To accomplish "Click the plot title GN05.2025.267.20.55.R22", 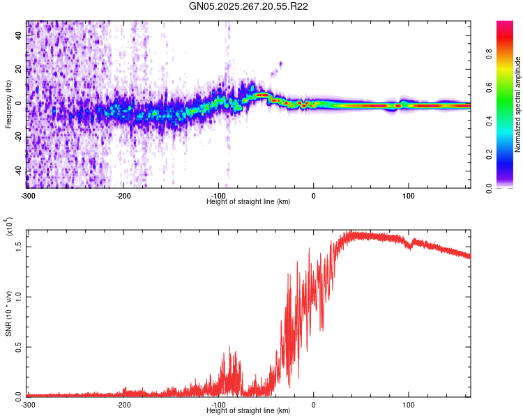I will [x=249, y=6].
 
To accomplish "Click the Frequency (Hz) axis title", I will [x=9, y=104].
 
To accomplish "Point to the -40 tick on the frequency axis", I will [x=19, y=171].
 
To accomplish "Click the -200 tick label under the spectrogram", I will [x=123, y=195].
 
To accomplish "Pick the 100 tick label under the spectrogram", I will [x=408, y=195].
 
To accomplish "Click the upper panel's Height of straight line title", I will [x=248, y=201].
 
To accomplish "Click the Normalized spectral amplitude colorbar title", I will [x=518, y=104].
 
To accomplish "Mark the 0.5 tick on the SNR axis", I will [x=19, y=346].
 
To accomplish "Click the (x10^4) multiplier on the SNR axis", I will [x=9, y=226].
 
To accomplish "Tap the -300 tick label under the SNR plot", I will [x=28, y=404].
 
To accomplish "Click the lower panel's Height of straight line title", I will [x=248, y=410].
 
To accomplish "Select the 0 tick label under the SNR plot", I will [x=313, y=404].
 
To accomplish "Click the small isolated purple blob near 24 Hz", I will [x=280, y=64].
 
